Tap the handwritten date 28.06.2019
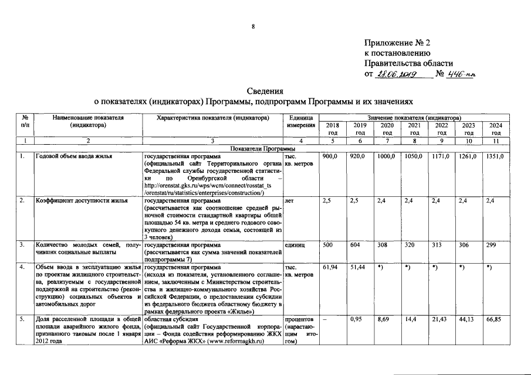(x=397, y=74)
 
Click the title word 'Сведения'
(x=265, y=91)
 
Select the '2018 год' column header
(x=332, y=129)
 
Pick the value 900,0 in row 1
(x=331, y=157)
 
